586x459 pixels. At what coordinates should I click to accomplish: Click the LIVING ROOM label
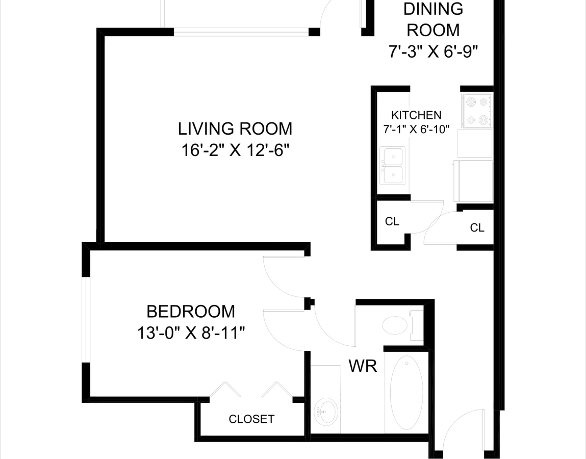[x=235, y=129]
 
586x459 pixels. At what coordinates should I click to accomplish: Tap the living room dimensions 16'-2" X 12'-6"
[x=236, y=150]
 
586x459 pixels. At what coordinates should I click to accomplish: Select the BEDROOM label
[x=191, y=312]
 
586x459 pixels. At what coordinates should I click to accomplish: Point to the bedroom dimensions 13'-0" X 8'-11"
[x=191, y=333]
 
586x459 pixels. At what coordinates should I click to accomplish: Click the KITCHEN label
[x=416, y=115]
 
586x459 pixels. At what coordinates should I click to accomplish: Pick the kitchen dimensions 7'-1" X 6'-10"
[x=416, y=130]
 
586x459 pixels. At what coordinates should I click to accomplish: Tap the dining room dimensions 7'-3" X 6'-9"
[x=434, y=52]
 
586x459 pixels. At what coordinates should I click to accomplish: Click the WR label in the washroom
[x=363, y=366]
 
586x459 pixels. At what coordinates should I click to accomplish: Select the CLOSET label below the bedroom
[x=251, y=419]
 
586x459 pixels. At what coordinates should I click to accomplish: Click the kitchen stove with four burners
[x=477, y=111]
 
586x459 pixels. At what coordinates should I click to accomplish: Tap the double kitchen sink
[x=392, y=165]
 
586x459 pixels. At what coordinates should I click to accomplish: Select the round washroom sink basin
[x=326, y=412]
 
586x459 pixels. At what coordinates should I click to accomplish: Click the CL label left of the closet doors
[x=392, y=222]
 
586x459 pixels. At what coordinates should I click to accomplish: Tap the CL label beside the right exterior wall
[x=477, y=227]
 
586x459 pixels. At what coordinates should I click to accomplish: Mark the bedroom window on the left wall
[x=86, y=320]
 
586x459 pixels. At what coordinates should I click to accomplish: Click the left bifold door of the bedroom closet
[x=225, y=389]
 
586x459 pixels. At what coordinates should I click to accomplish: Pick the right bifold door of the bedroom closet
[x=276, y=389]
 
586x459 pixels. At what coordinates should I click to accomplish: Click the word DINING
[x=433, y=9]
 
